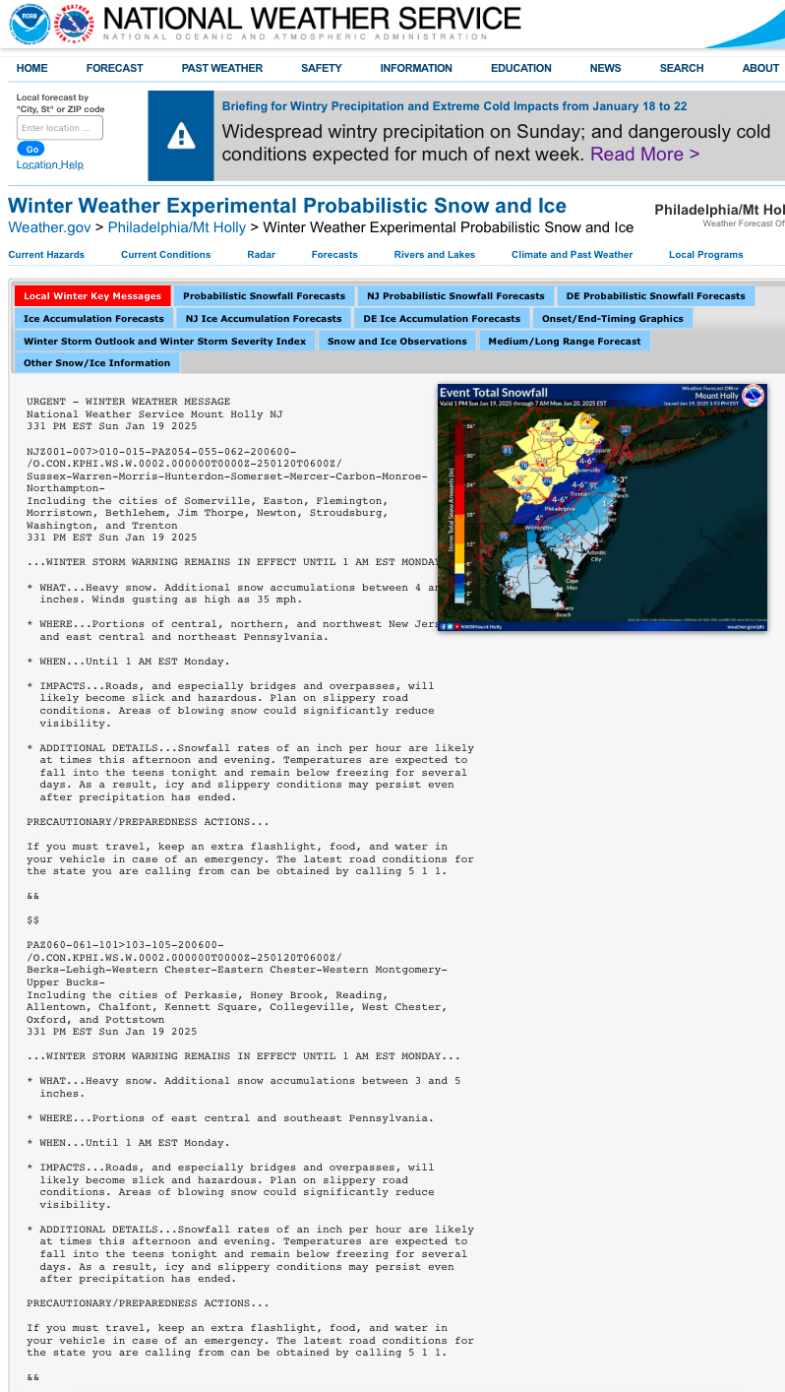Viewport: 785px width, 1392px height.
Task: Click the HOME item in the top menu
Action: click(x=32, y=68)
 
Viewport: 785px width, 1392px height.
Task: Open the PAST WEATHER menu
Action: click(x=221, y=68)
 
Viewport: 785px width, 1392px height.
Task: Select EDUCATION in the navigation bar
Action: click(x=520, y=68)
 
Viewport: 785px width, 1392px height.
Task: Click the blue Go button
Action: click(x=30, y=149)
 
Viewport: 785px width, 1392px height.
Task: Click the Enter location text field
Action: click(x=60, y=128)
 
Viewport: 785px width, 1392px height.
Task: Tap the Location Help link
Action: click(x=49, y=164)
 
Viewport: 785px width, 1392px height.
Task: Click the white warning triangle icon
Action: click(x=181, y=136)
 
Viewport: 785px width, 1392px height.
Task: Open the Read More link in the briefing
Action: click(x=644, y=154)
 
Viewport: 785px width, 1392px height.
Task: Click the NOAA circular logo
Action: click(x=30, y=24)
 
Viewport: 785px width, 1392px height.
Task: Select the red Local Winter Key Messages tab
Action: click(x=92, y=296)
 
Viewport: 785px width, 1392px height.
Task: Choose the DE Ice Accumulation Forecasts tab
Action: click(x=442, y=319)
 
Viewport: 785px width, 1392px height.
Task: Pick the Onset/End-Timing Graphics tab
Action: click(x=612, y=319)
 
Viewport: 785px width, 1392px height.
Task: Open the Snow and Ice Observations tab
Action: click(x=396, y=342)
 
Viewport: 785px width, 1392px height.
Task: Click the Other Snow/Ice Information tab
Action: click(x=96, y=363)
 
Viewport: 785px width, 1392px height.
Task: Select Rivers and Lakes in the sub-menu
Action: click(x=434, y=255)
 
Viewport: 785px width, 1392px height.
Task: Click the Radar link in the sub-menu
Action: click(x=261, y=255)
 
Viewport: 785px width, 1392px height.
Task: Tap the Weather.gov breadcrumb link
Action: click(x=49, y=227)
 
